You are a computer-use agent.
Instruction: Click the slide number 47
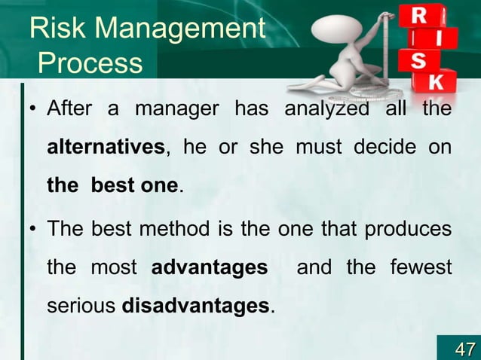pos(463,348)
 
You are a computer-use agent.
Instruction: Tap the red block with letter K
pos(443,81)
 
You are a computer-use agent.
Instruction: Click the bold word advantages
pos(210,267)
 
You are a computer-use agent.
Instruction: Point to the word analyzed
pos(326,110)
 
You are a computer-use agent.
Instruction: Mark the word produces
pos(409,229)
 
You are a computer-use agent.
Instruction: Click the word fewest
pos(420,267)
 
